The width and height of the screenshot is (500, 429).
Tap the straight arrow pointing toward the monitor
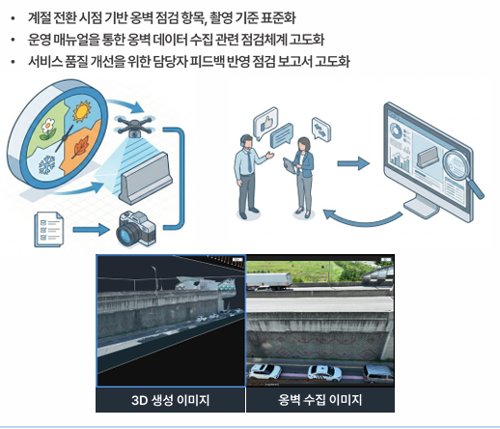point(351,163)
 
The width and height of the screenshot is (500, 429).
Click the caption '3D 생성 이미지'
point(171,400)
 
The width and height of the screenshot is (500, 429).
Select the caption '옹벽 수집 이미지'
point(320,400)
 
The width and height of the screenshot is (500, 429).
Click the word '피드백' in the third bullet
point(224,61)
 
